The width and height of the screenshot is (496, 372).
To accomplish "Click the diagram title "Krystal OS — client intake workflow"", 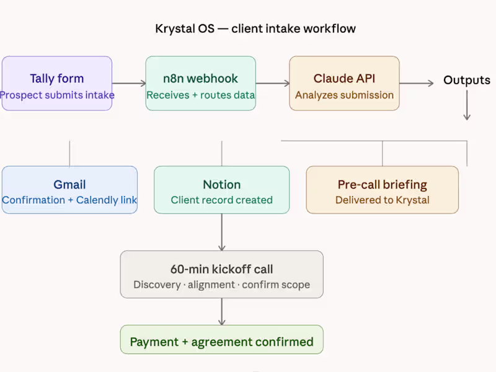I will [255, 29].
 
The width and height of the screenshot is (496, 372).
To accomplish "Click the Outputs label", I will [466, 80].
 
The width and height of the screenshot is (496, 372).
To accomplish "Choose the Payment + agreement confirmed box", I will [221, 340].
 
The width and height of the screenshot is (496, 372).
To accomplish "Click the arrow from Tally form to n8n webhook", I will [128, 83].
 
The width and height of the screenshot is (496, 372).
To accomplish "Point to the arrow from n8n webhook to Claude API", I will [272, 83].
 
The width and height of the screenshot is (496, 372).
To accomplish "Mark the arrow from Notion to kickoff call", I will [221, 232].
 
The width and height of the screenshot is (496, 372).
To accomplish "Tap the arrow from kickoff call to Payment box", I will [221, 311].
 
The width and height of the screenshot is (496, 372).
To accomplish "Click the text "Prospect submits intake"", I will [57, 95].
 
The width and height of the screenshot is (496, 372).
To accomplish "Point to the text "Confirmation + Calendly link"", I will [69, 200].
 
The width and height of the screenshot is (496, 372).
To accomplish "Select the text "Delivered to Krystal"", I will [382, 200].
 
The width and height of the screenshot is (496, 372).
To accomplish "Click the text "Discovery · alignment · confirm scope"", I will [221, 285].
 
